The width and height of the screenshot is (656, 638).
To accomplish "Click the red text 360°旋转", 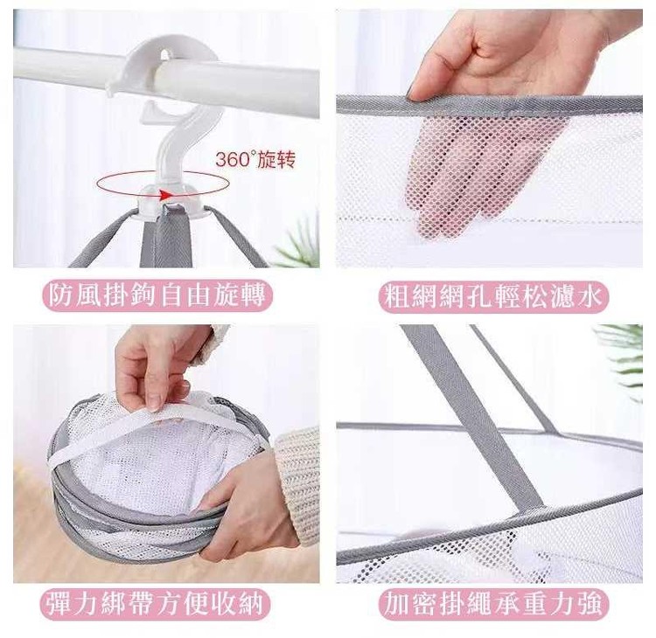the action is point(255,160).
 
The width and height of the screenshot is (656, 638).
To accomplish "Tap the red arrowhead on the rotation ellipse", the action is point(166,194).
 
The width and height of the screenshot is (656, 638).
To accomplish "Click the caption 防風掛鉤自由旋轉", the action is point(157,295).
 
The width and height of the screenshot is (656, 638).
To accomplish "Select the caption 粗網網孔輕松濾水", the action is point(493,296).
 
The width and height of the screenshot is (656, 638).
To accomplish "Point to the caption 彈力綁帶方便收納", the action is point(155,604).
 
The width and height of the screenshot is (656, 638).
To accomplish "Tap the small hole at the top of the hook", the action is point(165,55).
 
